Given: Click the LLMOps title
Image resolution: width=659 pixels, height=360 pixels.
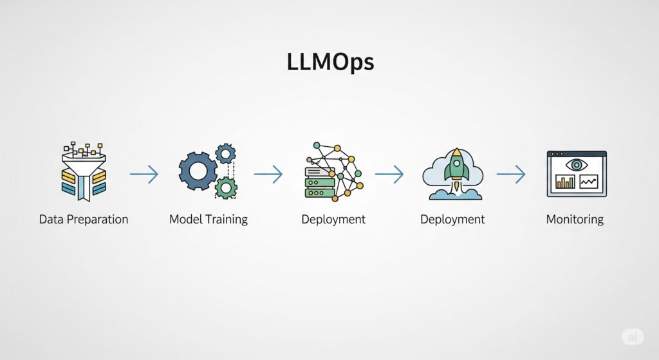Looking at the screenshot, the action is (330, 62).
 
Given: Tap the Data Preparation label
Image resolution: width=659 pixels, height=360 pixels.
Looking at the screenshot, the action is (84, 220).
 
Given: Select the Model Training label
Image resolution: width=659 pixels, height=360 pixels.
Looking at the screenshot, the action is (209, 220).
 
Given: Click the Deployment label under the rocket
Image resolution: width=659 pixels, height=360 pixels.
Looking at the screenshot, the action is (452, 220).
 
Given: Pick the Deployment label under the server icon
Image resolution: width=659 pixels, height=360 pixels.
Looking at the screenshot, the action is (333, 220).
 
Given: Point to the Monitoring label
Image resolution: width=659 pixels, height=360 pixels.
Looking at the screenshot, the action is (575, 220).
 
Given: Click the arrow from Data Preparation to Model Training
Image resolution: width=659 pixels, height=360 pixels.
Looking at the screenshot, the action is (144, 174).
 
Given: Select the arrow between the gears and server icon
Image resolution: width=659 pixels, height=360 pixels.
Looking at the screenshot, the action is (268, 174).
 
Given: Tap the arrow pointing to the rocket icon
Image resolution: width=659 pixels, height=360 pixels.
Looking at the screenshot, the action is (389, 174).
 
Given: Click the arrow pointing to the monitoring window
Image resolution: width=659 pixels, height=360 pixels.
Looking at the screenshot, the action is (511, 174).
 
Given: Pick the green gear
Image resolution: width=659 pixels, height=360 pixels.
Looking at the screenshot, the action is (226, 188).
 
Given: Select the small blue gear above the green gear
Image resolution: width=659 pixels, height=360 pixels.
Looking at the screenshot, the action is (226, 154).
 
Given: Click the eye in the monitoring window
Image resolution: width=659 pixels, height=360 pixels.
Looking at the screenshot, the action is (577, 164).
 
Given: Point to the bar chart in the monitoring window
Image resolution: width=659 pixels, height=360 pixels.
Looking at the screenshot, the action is (565, 181).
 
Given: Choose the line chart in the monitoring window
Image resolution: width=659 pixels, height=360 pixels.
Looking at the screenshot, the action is (588, 182).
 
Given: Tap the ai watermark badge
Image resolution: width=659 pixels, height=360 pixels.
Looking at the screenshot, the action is (633, 337).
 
